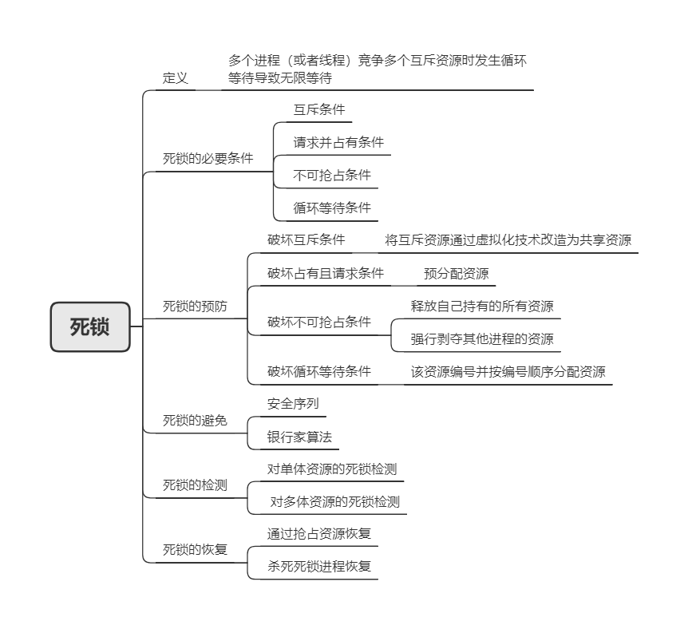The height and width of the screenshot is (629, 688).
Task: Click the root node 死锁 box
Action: (x=90, y=326)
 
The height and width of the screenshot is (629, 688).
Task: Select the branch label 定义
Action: (x=175, y=78)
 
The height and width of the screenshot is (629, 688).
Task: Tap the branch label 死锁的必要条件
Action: (x=208, y=158)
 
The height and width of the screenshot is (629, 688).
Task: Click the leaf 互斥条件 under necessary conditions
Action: (x=319, y=109)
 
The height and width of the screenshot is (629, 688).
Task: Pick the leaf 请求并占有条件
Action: (x=338, y=142)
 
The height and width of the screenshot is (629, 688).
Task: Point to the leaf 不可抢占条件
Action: (x=332, y=175)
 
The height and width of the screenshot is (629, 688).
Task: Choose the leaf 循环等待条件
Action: (x=332, y=208)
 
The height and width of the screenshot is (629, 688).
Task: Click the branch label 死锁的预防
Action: (x=195, y=306)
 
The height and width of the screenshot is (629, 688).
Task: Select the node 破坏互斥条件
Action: (x=306, y=239)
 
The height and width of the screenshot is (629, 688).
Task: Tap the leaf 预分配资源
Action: (x=457, y=274)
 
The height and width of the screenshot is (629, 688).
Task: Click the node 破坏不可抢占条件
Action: (x=319, y=322)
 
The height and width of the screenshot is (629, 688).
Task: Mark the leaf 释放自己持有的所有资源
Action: (x=482, y=306)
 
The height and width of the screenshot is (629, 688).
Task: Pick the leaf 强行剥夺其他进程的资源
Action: (x=482, y=339)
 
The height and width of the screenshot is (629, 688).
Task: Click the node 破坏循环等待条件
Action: (x=319, y=371)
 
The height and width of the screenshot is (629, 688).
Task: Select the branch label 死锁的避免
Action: (x=195, y=421)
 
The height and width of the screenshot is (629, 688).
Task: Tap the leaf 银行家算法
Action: (x=299, y=437)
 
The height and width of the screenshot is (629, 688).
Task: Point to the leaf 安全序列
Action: (x=293, y=403)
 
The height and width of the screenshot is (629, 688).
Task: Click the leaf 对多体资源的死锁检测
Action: (x=334, y=501)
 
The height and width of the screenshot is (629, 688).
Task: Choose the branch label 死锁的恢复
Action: (x=195, y=549)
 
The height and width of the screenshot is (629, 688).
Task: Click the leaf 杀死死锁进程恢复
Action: (x=319, y=566)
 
